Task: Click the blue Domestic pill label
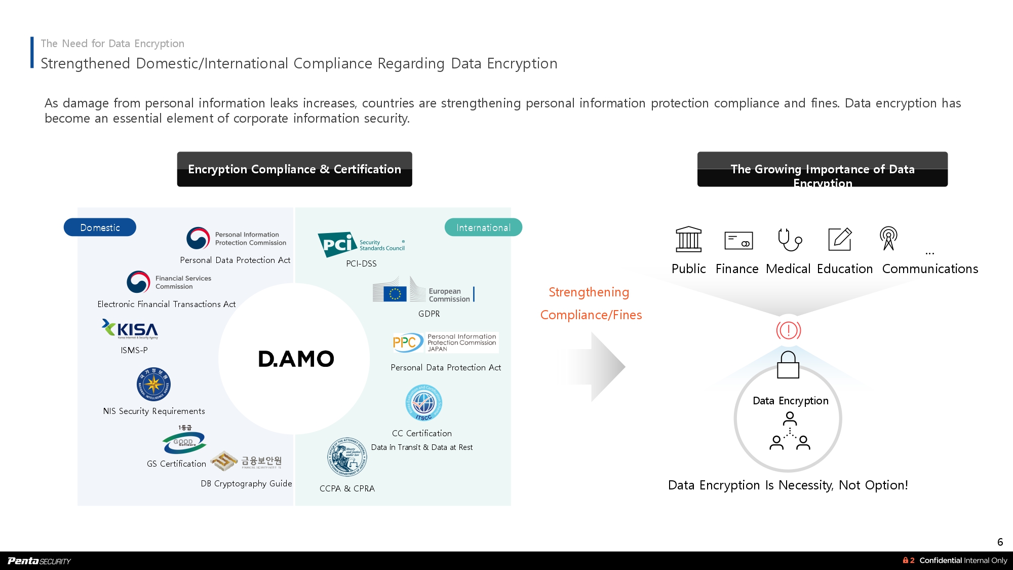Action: point(100,227)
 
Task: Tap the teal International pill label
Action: point(483,227)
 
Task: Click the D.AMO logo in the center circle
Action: point(296,359)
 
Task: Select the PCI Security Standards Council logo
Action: point(361,244)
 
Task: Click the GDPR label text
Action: point(429,314)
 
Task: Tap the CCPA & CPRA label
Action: point(347,488)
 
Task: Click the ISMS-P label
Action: point(134,350)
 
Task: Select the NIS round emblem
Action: point(153,384)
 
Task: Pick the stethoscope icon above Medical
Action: point(789,239)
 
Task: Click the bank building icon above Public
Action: point(688,239)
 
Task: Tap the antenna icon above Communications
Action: point(888,238)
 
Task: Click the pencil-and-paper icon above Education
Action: point(840,239)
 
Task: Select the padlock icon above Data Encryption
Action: point(788,365)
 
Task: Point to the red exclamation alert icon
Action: point(789,330)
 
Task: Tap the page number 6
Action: point(1000,542)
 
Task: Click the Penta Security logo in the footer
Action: point(40,560)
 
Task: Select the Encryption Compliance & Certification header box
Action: point(294,169)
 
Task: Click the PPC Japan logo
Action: point(445,343)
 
